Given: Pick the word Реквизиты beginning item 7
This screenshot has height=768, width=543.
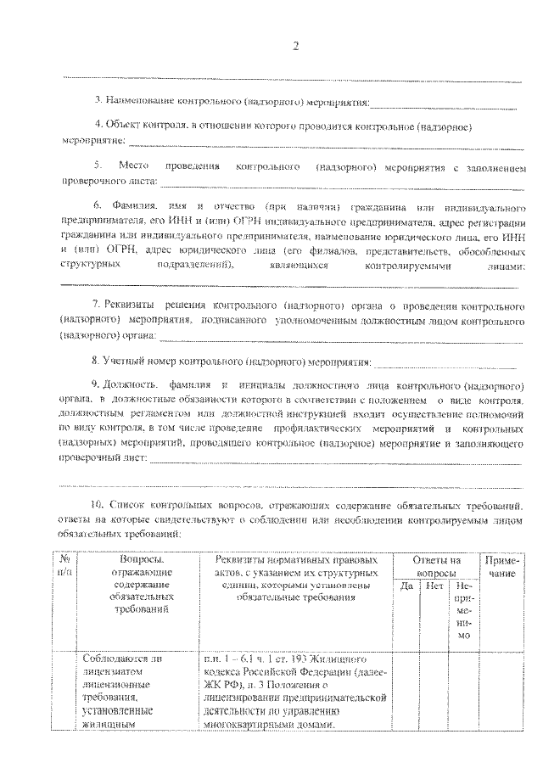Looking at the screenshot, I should [x=129, y=304].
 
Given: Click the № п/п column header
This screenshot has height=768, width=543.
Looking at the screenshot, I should [x=64, y=566].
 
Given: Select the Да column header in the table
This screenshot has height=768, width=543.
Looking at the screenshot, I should [x=406, y=586].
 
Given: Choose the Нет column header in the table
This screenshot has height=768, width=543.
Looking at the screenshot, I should [x=434, y=586].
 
